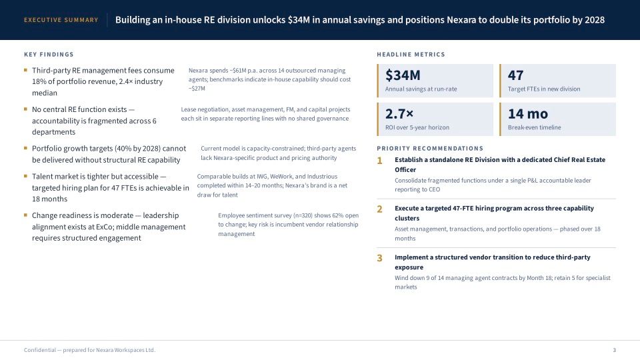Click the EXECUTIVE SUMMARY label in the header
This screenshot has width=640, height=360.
61,20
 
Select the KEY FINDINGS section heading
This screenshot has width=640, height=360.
49,54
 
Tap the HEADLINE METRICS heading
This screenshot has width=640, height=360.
411,54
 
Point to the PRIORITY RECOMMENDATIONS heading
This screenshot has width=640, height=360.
430,149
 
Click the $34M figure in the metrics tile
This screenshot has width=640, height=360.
403,75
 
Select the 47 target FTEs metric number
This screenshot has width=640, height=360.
515,75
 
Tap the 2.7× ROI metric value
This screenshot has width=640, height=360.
399,113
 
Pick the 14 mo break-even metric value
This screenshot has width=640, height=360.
528,113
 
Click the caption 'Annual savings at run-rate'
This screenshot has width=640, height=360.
421,89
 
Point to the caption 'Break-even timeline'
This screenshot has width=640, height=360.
534,127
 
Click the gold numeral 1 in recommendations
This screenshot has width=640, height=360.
379,161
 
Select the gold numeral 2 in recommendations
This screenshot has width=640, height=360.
379,209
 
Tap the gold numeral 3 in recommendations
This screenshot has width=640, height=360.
379,258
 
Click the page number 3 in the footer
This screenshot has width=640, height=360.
614,350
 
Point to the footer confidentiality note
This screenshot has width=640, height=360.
90,350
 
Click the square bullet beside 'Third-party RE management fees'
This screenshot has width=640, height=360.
25,70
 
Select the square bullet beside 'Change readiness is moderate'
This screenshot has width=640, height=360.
25,215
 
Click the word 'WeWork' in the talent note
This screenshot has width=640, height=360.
281,176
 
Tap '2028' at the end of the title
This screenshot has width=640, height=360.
594,20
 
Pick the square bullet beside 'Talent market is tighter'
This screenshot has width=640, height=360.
25,176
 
